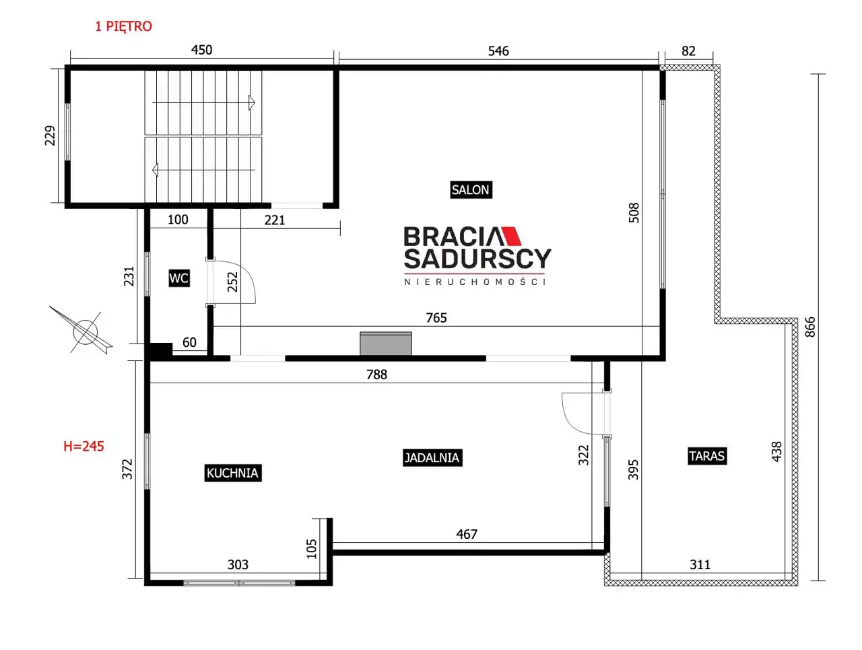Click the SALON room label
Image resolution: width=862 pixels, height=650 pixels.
tap(471, 190)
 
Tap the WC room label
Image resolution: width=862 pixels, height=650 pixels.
tap(179, 278)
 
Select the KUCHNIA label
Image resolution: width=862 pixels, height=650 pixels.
tap(232, 473)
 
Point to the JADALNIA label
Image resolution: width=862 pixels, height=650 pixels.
tap(432, 457)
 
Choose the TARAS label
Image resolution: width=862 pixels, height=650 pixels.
tap(707, 456)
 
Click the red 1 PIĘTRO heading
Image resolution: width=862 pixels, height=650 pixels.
tap(123, 26)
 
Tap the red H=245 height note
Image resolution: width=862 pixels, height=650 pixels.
tap(84, 446)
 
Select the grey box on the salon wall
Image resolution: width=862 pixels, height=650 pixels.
tap(386, 344)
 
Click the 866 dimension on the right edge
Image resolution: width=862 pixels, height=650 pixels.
tap(809, 327)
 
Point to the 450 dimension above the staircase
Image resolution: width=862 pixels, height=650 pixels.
tap(201, 50)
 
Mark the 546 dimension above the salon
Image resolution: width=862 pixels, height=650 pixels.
tap(498, 51)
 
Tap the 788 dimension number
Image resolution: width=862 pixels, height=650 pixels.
tap(376, 375)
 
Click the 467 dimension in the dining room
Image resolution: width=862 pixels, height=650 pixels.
tap(467, 534)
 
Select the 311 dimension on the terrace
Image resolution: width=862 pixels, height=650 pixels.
tap(700, 564)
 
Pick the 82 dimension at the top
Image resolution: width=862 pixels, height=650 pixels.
tap(688, 51)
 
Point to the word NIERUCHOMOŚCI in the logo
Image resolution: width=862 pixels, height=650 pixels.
tap(475, 282)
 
